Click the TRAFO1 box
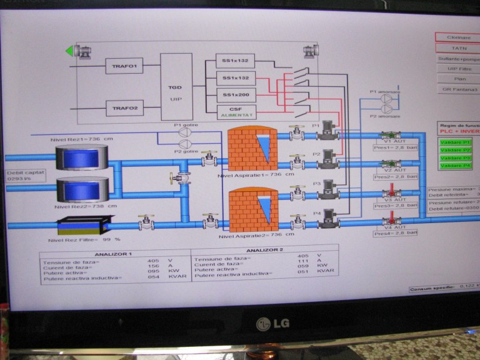coord(124,65)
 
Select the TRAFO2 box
coord(124,108)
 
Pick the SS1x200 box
coord(236,94)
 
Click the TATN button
coord(458,47)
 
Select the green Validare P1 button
coord(455,142)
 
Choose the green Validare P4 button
coord(455,166)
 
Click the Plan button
coord(459,79)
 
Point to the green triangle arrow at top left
coord(70,51)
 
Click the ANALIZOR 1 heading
coord(112,254)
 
